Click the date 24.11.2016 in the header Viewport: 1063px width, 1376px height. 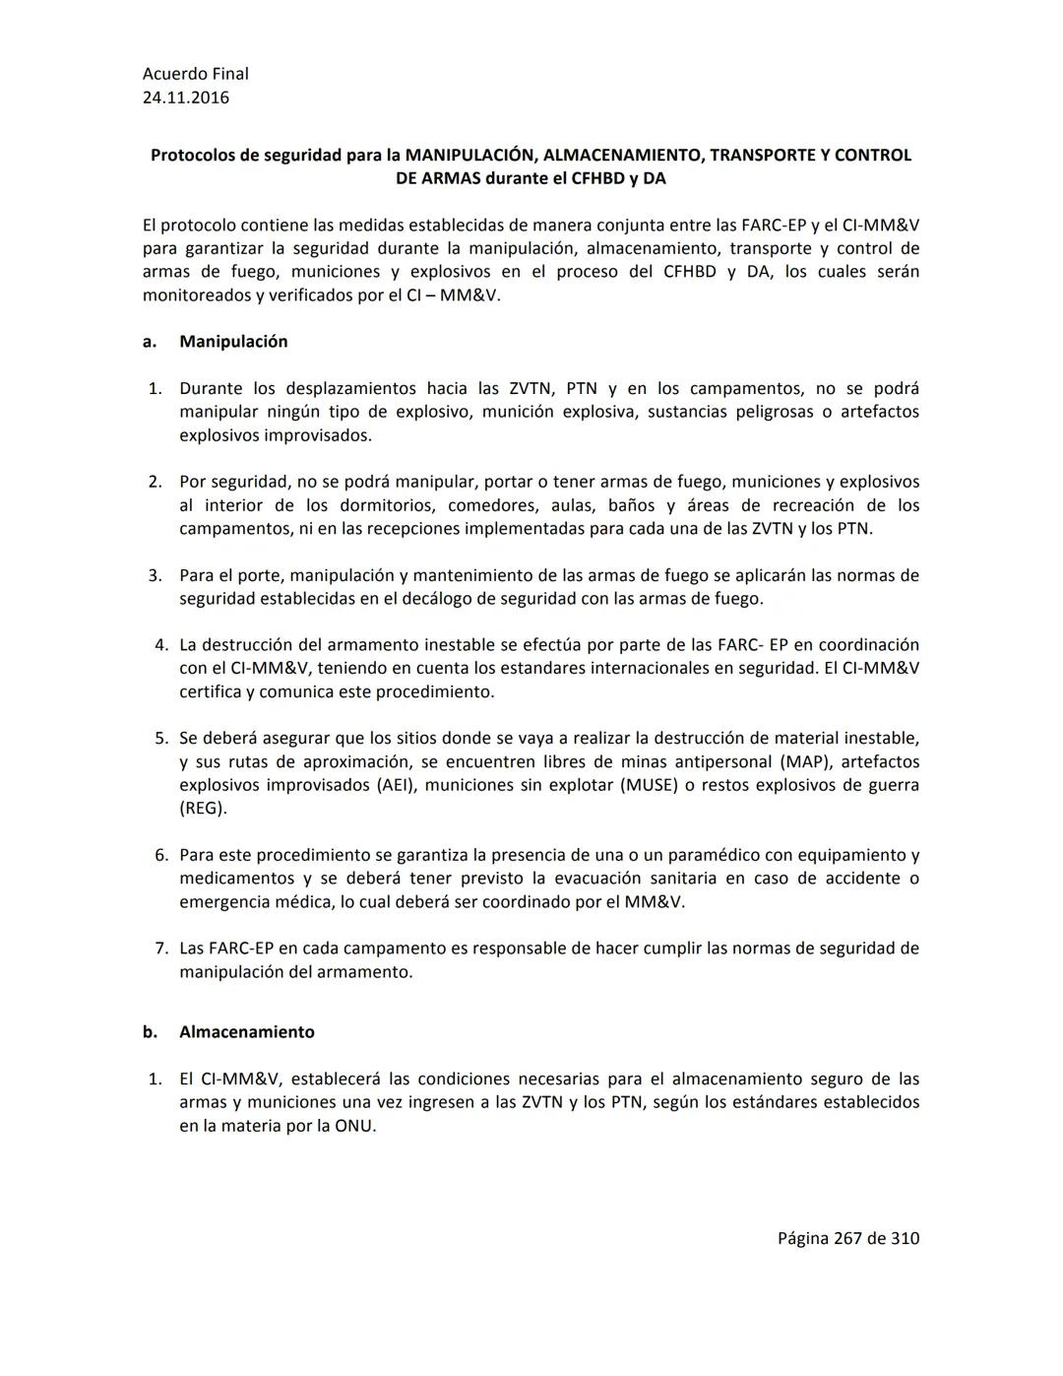click(186, 98)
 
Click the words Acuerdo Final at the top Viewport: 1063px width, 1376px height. click(196, 74)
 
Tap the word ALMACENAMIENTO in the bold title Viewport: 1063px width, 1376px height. click(615, 156)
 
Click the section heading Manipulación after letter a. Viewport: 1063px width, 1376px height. click(233, 342)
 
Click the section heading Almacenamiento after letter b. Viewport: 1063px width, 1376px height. click(247, 1032)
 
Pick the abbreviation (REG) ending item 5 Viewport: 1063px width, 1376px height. click(203, 809)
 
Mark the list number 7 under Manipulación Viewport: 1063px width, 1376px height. click(161, 949)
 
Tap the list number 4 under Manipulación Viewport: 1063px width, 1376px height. click(161, 645)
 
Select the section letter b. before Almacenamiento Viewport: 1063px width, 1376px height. click(150, 1032)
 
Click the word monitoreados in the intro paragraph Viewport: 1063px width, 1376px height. click(197, 295)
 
